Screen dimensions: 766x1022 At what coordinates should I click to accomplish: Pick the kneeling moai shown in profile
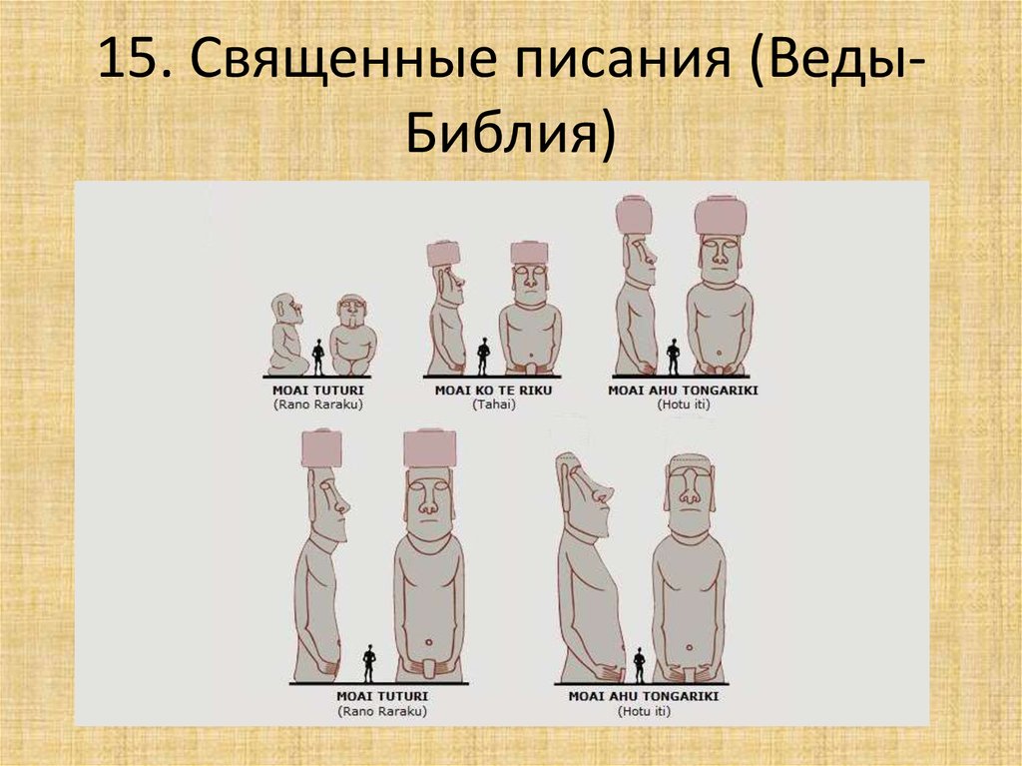coord(286,336)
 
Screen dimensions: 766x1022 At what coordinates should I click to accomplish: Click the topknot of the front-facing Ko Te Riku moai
coord(529,252)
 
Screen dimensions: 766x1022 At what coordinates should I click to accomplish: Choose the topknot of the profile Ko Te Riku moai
coord(442,254)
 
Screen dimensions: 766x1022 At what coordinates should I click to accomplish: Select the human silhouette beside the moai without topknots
coord(639,664)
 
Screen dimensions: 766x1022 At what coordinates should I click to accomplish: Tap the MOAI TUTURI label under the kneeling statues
coord(317,390)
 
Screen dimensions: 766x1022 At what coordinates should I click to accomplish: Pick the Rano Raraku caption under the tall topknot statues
coord(383,711)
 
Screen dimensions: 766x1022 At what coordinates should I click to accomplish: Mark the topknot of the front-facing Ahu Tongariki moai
coord(721,215)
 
